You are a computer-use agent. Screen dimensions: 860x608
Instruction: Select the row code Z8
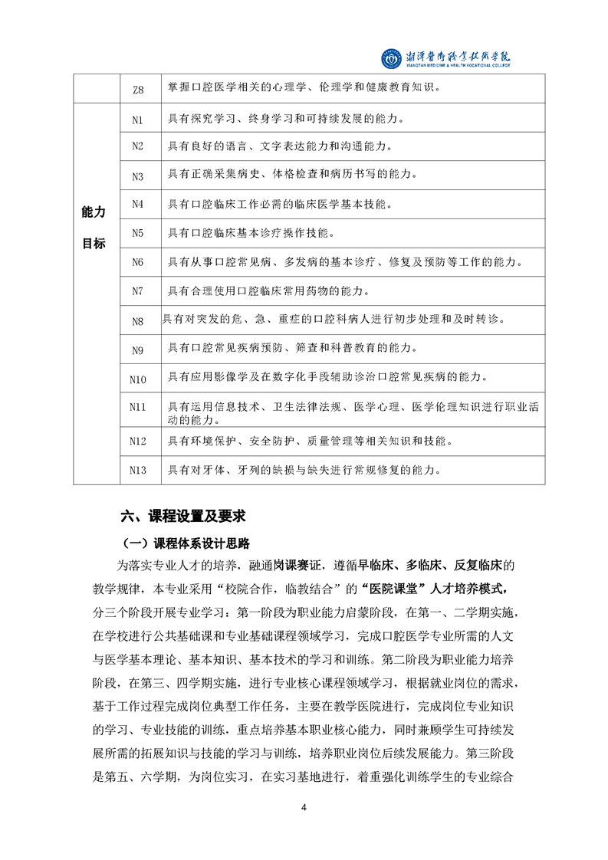pyautogui.click(x=138, y=89)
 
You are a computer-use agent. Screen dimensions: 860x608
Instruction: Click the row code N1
pyautogui.click(x=138, y=119)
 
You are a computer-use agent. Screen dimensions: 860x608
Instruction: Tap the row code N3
pyautogui.click(x=138, y=176)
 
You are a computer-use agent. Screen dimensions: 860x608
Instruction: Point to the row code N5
pyautogui.click(x=138, y=232)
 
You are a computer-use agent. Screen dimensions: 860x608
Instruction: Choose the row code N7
pyautogui.click(x=138, y=291)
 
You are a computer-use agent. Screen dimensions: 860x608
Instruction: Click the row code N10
pyautogui.click(x=138, y=379)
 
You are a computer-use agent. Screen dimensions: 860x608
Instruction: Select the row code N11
pyautogui.click(x=138, y=407)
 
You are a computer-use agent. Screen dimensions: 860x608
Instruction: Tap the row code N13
pyautogui.click(x=138, y=470)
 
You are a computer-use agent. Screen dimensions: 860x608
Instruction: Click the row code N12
pyautogui.click(x=138, y=441)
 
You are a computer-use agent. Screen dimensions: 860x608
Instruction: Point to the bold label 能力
pyautogui.click(x=94, y=212)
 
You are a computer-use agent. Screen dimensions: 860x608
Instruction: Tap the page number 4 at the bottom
pyautogui.click(x=304, y=808)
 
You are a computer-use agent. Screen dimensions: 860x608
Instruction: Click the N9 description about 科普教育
pyautogui.click(x=292, y=350)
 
